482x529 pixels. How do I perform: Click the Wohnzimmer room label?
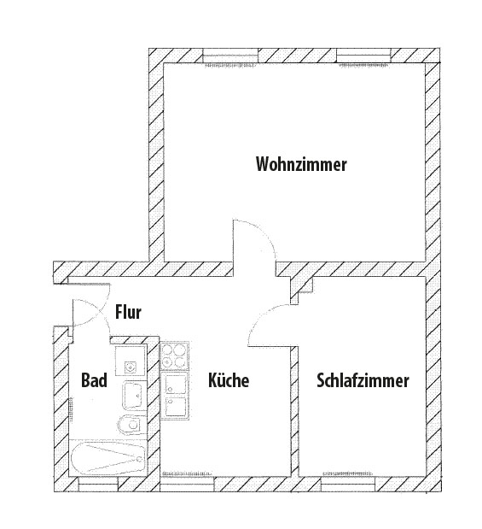click(301, 164)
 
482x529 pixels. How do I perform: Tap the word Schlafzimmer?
click(363, 380)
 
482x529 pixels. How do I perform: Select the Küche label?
click(229, 380)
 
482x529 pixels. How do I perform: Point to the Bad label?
click(95, 380)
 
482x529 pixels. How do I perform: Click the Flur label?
click(128, 312)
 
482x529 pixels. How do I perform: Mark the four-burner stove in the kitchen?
click(174, 356)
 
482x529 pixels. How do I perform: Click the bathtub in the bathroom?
click(108, 458)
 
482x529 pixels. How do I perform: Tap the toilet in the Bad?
click(131, 425)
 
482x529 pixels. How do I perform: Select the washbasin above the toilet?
click(133, 395)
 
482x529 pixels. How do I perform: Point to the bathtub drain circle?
click(139, 459)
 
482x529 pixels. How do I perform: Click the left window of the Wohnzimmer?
click(230, 56)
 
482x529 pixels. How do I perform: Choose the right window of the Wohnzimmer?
click(364, 56)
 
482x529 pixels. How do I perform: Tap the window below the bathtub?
click(98, 484)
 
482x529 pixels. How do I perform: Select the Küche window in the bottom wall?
click(187, 484)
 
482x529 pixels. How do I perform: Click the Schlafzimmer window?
click(348, 484)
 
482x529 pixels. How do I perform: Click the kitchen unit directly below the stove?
click(174, 384)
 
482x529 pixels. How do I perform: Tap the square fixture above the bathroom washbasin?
click(131, 361)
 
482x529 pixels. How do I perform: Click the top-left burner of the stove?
click(167, 350)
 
